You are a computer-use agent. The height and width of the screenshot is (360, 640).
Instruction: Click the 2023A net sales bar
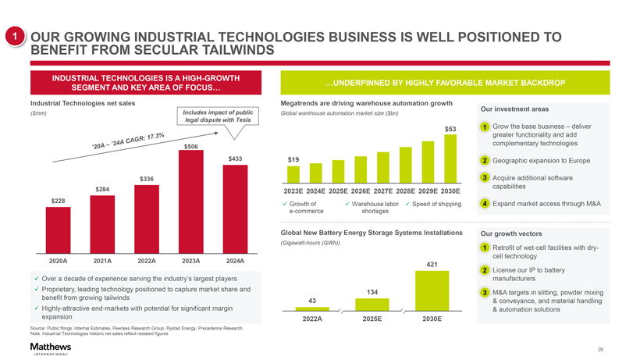[191, 200]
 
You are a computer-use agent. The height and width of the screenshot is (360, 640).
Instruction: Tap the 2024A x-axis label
[235, 260]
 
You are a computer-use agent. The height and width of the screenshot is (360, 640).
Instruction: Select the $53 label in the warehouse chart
[450, 129]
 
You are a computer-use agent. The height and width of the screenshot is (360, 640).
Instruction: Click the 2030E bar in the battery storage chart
[432, 290]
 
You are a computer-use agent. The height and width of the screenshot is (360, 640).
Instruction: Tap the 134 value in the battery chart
[372, 292]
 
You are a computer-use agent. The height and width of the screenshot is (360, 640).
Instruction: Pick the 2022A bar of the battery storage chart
[312, 310]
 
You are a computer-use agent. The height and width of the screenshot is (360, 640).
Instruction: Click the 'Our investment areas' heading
[514, 109]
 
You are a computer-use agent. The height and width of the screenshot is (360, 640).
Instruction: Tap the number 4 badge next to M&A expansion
[485, 204]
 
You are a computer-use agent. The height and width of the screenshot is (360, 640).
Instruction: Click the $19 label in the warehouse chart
[293, 159]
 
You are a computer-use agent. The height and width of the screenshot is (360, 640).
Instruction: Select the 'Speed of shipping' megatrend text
[438, 204]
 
